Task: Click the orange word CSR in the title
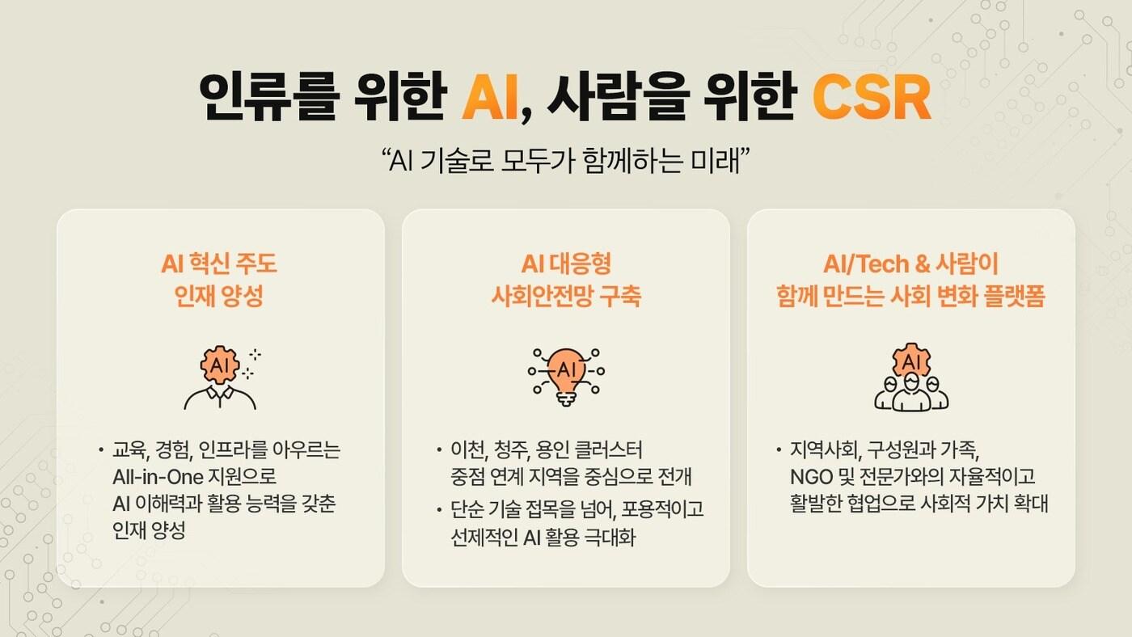[872, 98]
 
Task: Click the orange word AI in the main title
[491, 98]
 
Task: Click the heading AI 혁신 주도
[219, 264]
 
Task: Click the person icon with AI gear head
[219, 377]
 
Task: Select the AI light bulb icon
[566, 376]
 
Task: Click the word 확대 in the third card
[1030, 504]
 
